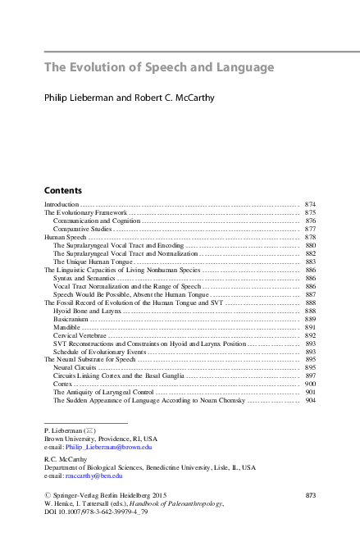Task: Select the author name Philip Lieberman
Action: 78,98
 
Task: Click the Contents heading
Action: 63,190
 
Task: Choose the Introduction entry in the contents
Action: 62,203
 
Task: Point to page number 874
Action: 310,203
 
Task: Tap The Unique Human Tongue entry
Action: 92,262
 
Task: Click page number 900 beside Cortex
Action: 310,384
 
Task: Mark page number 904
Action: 310,401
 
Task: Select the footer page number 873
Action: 310,495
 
